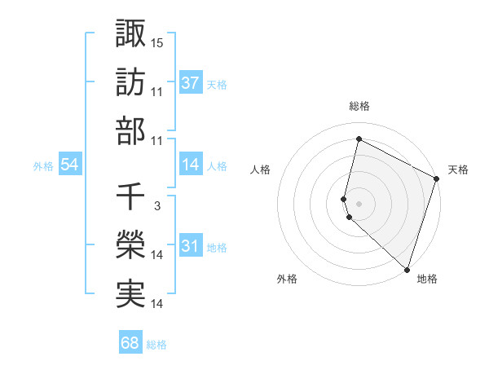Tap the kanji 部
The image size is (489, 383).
pyautogui.click(x=130, y=130)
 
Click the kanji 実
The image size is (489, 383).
pyautogui.click(x=130, y=294)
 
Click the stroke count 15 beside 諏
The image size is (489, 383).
pyautogui.click(x=157, y=42)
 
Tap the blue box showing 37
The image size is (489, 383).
pyautogui.click(x=191, y=83)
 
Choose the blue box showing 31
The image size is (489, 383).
pyautogui.click(x=191, y=247)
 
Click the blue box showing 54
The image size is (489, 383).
pyautogui.click(x=70, y=165)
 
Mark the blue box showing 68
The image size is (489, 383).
pyautogui.click(x=130, y=343)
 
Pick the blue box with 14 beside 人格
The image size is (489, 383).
pyautogui.click(x=191, y=165)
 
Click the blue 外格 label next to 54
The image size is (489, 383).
pyautogui.click(x=43, y=166)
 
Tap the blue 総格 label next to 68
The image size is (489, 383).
pyautogui.click(x=156, y=344)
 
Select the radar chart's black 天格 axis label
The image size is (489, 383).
pyautogui.click(x=458, y=169)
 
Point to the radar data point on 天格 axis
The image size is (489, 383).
pyautogui.click(x=437, y=180)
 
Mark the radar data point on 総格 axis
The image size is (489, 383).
pyautogui.click(x=359, y=139)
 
